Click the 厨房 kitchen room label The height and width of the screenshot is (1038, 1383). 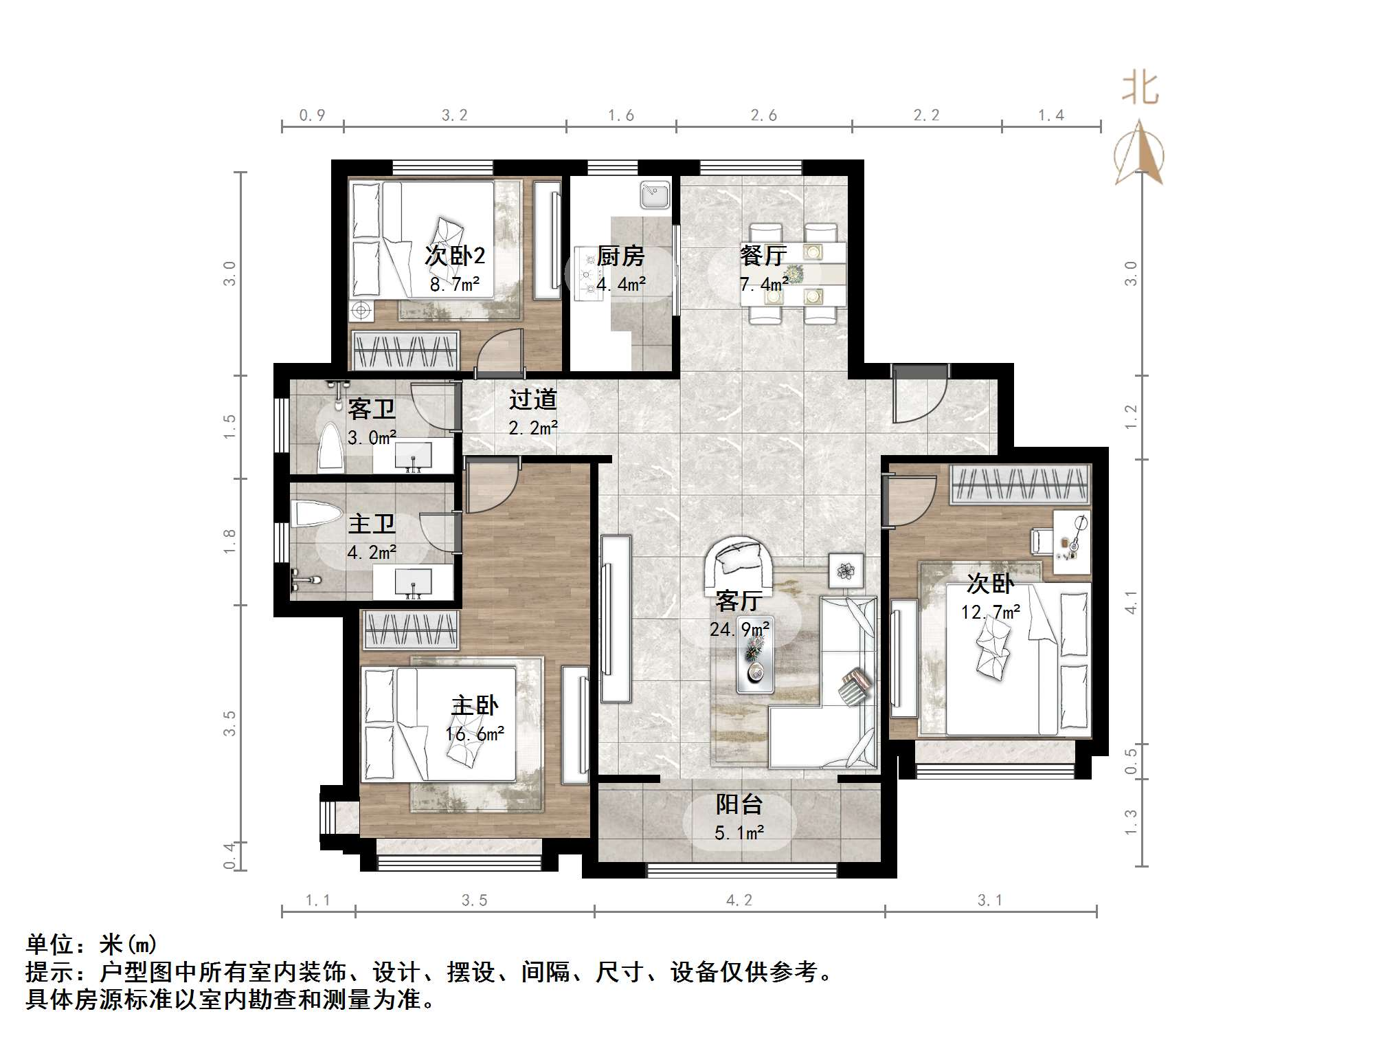620,256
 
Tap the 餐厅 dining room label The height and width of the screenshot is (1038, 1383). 763,256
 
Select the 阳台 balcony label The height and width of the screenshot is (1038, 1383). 739,804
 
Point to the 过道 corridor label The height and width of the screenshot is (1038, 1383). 532,399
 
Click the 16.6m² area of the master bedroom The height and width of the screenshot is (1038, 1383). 475,734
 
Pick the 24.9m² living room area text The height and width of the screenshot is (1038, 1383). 739,629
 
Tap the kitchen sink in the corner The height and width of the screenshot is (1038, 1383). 655,194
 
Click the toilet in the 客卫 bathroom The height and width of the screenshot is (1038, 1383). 331,447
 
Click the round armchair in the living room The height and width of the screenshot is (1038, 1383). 739,560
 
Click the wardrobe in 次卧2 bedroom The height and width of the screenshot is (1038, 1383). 405,351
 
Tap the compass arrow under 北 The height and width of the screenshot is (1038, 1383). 1139,155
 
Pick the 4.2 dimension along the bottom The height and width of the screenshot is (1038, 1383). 739,901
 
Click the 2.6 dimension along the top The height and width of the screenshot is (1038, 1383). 763,115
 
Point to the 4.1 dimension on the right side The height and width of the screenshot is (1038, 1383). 1131,602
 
